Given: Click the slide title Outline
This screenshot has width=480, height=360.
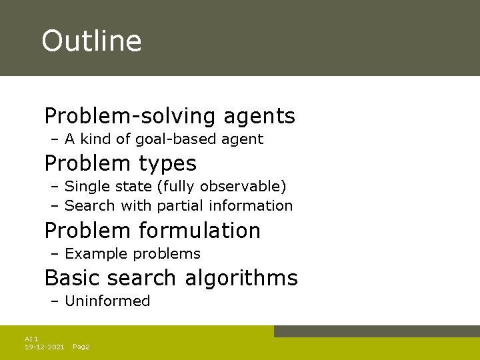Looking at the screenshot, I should [x=91, y=41].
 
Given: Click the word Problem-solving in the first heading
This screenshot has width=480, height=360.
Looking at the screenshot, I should [x=130, y=117].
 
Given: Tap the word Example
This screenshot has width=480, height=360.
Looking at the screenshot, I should [x=97, y=254].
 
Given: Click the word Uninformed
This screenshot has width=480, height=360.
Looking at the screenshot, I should [x=107, y=301].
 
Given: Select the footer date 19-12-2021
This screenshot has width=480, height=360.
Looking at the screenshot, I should [x=44, y=347].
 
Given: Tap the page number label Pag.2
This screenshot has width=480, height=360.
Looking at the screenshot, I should [x=81, y=347].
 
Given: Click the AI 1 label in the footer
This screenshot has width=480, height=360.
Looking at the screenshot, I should [x=31, y=339].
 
